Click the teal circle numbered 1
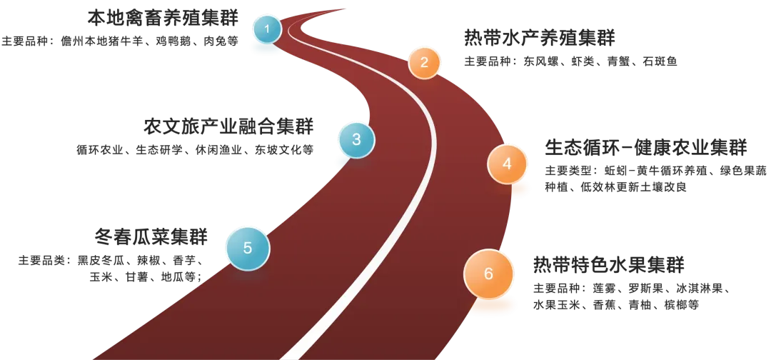268,29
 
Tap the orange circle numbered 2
424,63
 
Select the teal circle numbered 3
356,140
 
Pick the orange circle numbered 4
507,164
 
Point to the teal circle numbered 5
247,249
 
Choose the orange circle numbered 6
488,274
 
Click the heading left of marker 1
161,17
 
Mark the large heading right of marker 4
645,149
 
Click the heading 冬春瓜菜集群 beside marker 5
153,236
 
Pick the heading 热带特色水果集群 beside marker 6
608,264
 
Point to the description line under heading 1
120,41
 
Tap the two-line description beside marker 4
653,179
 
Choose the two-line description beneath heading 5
111,267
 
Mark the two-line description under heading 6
630,296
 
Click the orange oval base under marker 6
493,306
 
